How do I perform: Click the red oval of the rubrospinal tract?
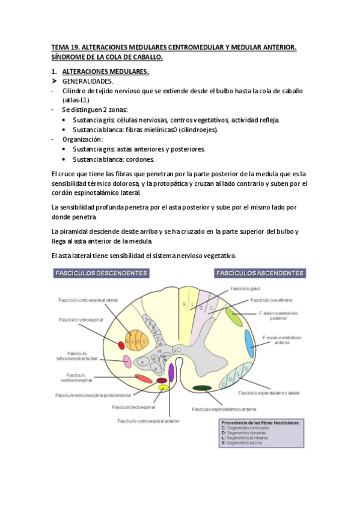tap(121, 345)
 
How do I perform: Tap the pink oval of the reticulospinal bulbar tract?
tap(127, 361)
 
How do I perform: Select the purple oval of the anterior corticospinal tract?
tap(171, 372)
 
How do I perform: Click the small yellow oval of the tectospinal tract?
tap(163, 388)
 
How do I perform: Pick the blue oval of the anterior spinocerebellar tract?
tap(249, 344)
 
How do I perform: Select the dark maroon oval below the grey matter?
tap(161, 380)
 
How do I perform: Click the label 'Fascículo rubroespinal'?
tap(81, 319)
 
